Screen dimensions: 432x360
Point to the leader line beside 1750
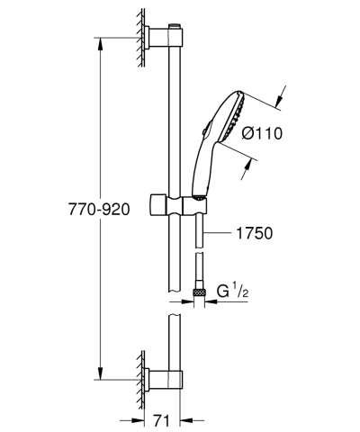pyautogui.click(x=220, y=232)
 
